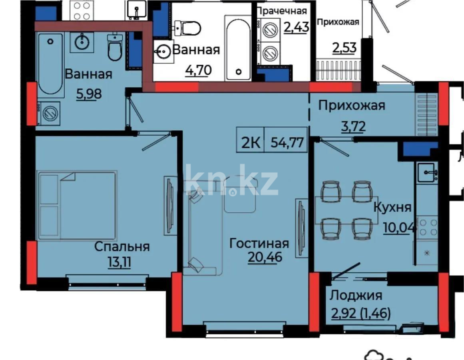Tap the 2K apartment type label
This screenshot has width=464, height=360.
[x=250, y=143]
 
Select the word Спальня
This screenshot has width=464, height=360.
[x=122, y=246]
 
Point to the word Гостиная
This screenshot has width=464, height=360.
[x=259, y=243]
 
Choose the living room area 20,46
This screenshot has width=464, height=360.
[x=265, y=257]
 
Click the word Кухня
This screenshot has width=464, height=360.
[x=392, y=207]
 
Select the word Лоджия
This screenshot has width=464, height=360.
[x=356, y=295]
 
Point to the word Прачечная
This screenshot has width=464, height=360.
[x=282, y=11]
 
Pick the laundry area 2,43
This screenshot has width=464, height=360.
[x=296, y=28]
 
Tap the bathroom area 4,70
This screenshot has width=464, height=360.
[x=198, y=70]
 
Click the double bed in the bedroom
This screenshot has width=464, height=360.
[x=77, y=206]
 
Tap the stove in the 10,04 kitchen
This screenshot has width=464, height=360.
[x=427, y=226]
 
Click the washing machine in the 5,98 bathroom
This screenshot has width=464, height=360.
[x=48, y=112]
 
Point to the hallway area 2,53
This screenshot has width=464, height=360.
[x=344, y=49]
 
